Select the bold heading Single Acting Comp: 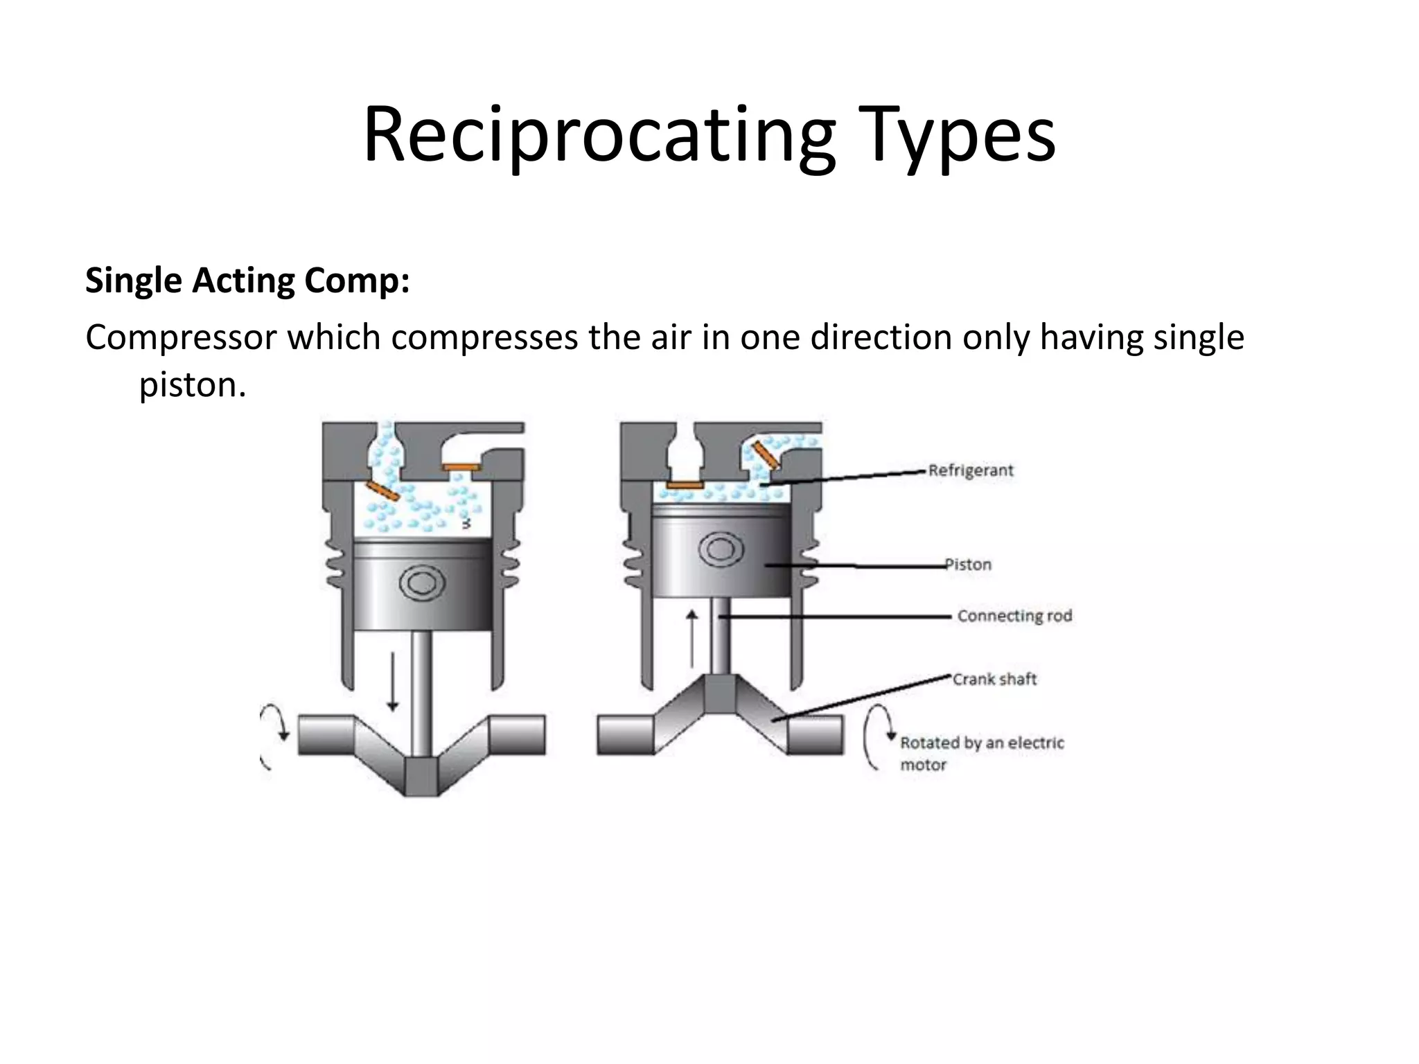click(x=247, y=281)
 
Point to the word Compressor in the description click(x=180, y=338)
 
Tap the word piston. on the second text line click(x=193, y=384)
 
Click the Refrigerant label click(x=970, y=470)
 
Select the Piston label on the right click(x=969, y=565)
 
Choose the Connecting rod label click(x=1014, y=616)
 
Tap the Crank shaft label click(x=994, y=679)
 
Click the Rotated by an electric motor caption click(x=981, y=753)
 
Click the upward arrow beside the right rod click(x=691, y=639)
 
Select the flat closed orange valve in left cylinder click(x=462, y=468)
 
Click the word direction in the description click(x=881, y=338)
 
